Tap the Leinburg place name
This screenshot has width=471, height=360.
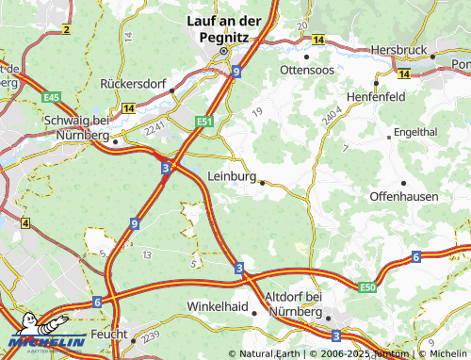[x=231, y=176]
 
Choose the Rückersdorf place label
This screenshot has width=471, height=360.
[x=132, y=84]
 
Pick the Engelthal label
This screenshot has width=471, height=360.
[x=415, y=133]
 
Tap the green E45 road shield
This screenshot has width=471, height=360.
[x=52, y=97]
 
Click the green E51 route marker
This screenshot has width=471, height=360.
[x=205, y=122]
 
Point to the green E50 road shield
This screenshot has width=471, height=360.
[x=367, y=286]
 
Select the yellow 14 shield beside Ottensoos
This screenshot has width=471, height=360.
[x=318, y=40]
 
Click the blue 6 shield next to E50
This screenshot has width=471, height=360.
[x=415, y=257]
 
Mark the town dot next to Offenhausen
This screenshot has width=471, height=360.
[x=403, y=182]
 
